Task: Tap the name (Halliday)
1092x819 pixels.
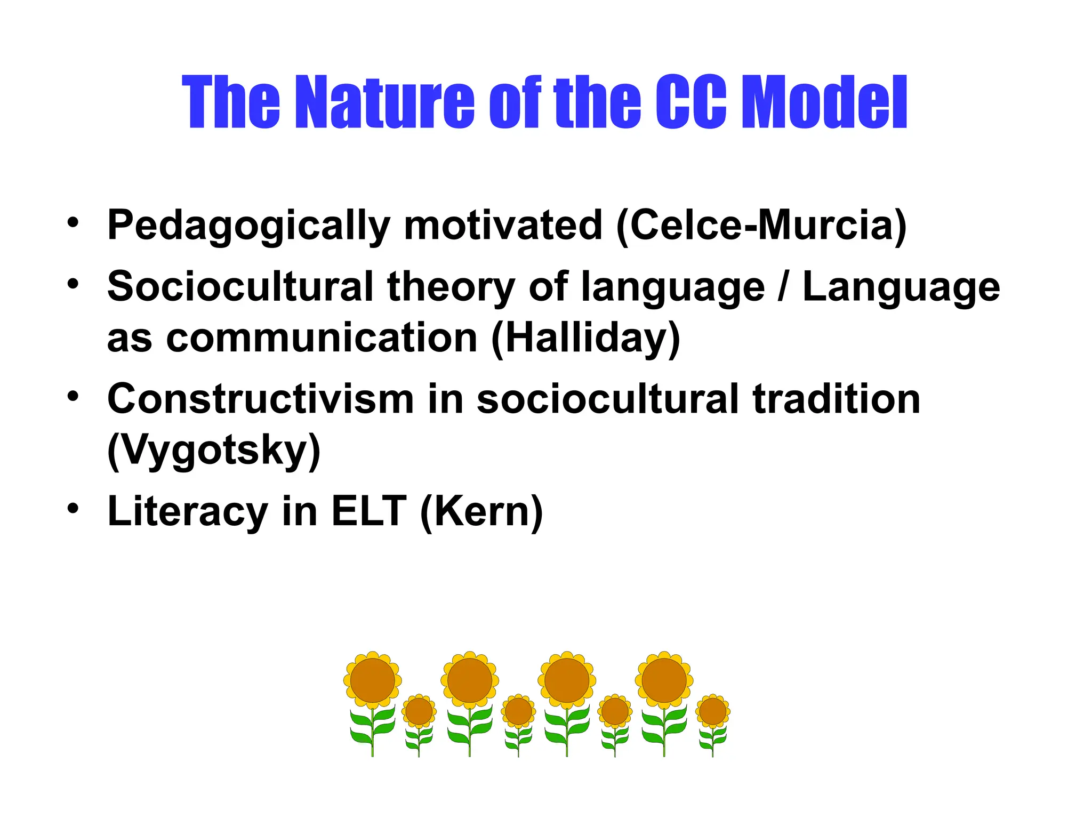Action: coord(585,338)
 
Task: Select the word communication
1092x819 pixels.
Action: coord(322,338)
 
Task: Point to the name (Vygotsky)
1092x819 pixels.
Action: coord(214,451)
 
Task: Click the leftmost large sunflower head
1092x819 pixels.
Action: coord(373,680)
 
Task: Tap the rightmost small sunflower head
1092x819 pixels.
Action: coord(713,711)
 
